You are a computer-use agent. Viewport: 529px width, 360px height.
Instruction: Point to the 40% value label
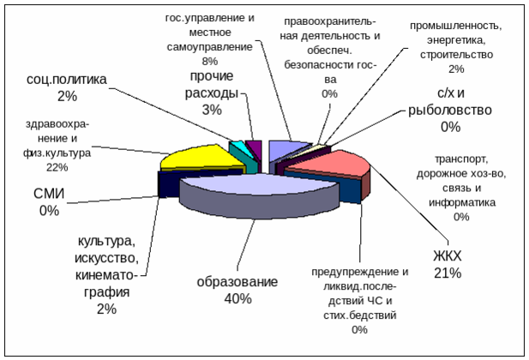237,298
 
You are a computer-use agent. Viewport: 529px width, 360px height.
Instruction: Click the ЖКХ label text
447,256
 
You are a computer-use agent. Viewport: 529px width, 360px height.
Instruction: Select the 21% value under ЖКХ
447,273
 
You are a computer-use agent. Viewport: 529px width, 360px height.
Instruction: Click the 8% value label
209,62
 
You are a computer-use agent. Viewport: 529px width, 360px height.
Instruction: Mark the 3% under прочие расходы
212,110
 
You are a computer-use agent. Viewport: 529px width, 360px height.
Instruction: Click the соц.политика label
68,79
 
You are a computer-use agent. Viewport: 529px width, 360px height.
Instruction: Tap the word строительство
455,54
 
